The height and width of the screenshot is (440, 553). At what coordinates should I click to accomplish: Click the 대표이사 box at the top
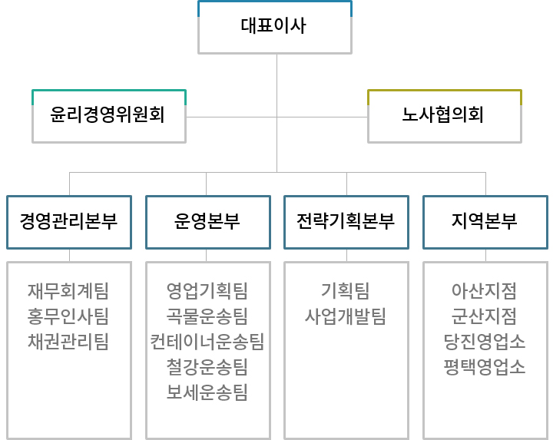pos(275,27)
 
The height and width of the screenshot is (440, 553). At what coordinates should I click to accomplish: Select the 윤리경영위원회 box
pos(109,116)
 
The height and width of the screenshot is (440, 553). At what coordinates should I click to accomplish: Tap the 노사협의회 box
pos(445,116)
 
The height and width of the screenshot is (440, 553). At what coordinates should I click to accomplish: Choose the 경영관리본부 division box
pos(69,222)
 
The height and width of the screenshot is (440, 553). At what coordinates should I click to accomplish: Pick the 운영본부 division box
pos(208,222)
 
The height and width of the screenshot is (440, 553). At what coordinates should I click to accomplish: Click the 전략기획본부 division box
pos(346,222)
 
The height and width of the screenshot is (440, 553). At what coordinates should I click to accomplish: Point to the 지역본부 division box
pos(485,222)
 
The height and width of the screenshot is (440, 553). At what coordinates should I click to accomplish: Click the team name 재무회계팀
pos(68,291)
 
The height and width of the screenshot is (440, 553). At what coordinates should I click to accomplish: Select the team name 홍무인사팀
pos(68,316)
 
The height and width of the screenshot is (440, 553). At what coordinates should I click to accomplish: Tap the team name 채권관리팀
pos(68,341)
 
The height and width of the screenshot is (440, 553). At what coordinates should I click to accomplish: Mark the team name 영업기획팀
pos(207,291)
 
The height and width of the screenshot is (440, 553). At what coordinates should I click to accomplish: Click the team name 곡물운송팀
pos(207,316)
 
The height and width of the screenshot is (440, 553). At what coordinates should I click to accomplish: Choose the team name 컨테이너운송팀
pos(207,341)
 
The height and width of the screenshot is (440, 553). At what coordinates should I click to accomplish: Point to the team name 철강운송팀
pos(207,367)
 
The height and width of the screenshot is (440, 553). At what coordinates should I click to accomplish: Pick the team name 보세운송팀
pos(207,392)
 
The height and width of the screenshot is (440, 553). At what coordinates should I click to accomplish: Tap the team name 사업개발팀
pos(346,316)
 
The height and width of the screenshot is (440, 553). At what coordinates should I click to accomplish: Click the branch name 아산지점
pos(484,291)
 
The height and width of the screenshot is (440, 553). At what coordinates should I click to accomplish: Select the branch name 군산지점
pos(484,316)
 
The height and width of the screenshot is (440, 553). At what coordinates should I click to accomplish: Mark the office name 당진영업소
pos(484,341)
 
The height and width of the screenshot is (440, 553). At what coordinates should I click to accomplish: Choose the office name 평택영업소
pos(484,367)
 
